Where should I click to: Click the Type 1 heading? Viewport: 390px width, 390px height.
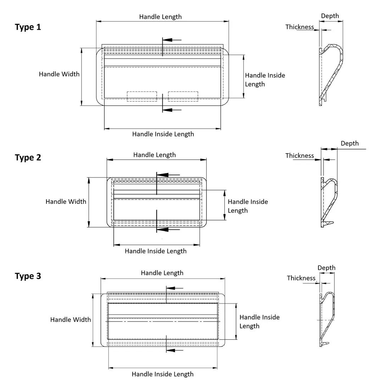28,27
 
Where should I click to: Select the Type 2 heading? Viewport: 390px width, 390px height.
28,157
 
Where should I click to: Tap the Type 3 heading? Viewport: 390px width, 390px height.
28,276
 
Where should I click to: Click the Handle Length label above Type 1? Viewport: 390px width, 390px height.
160,17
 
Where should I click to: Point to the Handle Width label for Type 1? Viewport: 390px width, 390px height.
59,74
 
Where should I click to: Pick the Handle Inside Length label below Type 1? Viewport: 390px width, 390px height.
163,134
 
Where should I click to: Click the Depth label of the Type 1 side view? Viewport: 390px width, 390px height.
330,16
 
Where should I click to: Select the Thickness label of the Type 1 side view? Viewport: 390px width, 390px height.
300,27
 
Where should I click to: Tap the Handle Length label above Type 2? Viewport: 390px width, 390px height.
155,155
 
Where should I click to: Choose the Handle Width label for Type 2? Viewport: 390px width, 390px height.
66,201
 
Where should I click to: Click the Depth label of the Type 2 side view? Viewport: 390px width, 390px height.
350,143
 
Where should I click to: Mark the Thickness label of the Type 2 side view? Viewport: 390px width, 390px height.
300,156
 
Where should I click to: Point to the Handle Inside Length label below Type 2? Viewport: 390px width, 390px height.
156,251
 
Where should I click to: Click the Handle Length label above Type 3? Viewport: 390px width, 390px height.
162,273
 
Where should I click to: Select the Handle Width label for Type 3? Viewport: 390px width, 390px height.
71,319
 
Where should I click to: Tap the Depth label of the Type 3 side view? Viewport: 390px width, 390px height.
326,268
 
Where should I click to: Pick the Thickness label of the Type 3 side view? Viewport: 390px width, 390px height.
301,278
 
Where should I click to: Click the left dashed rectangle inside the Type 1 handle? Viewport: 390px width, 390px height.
142,96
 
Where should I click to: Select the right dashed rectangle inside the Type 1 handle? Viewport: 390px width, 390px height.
183,96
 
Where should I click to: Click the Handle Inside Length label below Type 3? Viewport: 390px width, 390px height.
163,374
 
